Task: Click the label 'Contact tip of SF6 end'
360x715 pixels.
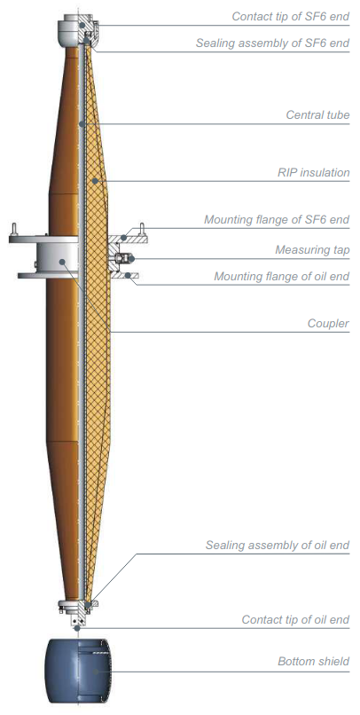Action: pos(290,17)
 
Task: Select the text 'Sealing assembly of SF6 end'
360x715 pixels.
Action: pos(272,43)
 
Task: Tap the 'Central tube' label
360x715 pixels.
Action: pos(317,114)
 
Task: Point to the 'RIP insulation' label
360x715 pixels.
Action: pos(314,173)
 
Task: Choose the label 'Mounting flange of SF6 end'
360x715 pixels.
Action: pos(277,220)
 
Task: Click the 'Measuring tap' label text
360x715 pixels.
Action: pos(312,250)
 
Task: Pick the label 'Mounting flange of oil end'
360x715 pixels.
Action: pos(282,277)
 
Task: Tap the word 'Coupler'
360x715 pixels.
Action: pos(328,324)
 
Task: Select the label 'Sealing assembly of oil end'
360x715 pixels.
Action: pos(278,546)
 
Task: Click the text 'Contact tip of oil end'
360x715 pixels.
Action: pos(295,620)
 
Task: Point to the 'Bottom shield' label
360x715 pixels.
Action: pos(314,661)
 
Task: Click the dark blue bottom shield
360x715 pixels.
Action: pos(77,671)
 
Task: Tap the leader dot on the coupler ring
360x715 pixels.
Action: pos(62,262)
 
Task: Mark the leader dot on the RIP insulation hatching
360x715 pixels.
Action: pos(95,181)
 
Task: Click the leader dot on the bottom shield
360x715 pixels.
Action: pos(95,672)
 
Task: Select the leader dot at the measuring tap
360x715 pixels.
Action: pos(131,258)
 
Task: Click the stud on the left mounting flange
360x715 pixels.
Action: pos(14,229)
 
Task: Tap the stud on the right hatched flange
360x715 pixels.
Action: pos(142,229)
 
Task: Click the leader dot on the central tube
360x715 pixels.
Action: pos(80,123)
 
